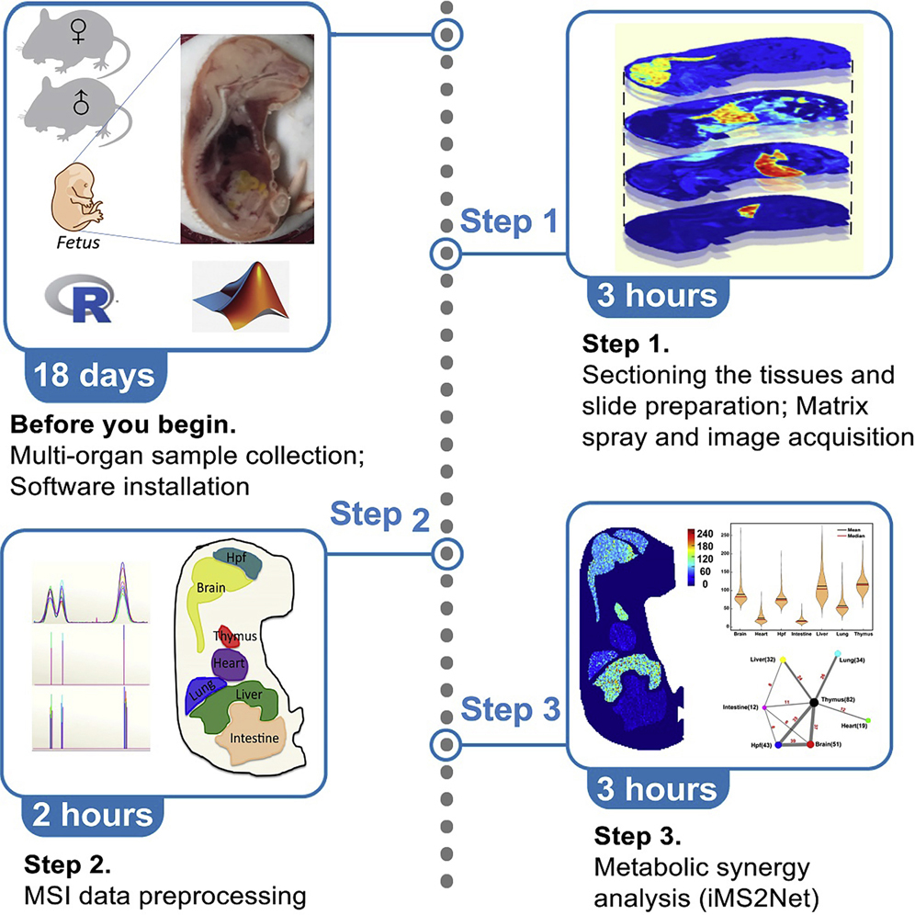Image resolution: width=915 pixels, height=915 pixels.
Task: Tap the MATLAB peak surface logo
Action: tap(241, 295)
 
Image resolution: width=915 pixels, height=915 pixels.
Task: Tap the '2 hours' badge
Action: tap(92, 814)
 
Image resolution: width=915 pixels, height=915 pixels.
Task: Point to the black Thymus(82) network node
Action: tap(814, 703)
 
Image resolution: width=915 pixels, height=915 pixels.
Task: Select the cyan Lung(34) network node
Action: tap(838, 653)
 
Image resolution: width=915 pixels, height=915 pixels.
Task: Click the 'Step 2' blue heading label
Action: tap(378, 517)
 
